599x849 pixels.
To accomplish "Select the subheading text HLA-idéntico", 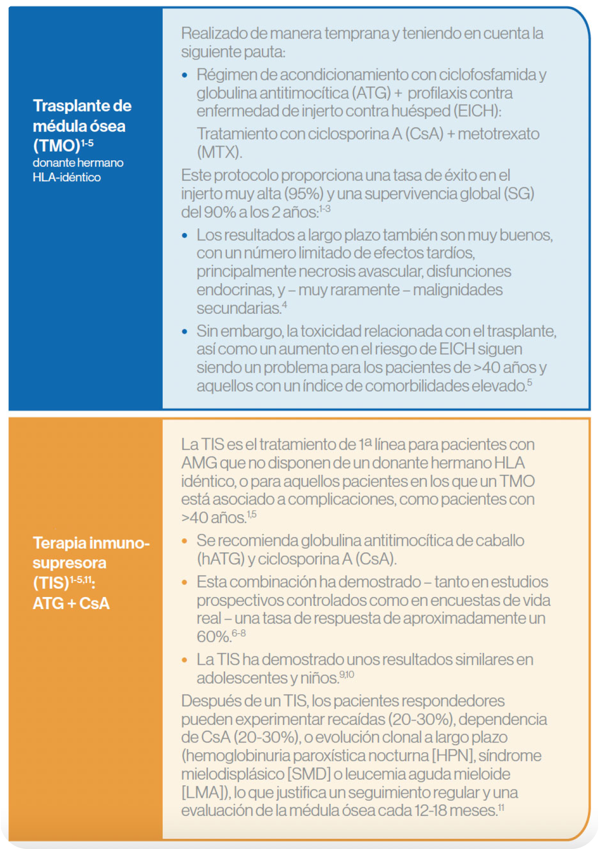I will [x=67, y=177].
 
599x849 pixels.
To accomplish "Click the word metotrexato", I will [x=499, y=134].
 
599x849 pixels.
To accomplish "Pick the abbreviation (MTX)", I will [x=219, y=152].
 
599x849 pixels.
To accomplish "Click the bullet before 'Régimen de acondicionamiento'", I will [x=185, y=75].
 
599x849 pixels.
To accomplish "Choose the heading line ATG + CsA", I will [x=71, y=603].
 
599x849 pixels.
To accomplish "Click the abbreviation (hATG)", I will [x=220, y=559].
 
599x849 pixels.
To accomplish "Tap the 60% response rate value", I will [x=213, y=637].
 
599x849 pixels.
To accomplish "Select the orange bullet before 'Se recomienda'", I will [x=185, y=541].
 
